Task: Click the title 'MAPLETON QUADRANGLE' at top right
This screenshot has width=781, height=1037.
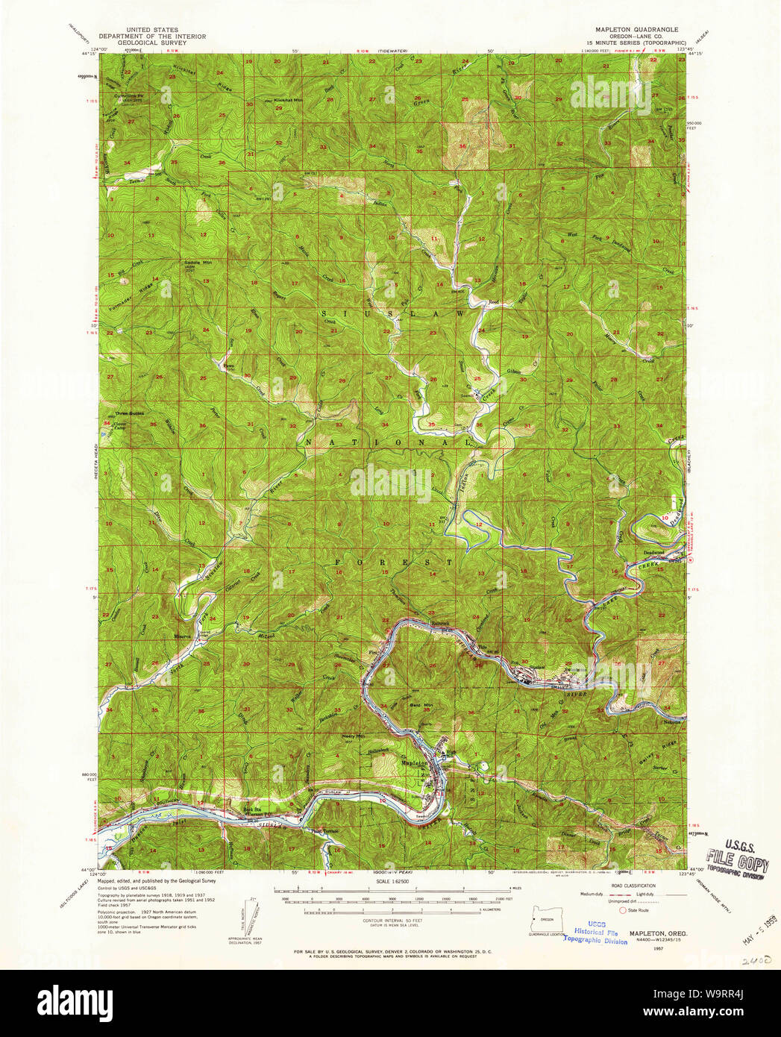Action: point(636,30)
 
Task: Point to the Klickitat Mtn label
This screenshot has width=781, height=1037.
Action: point(268,100)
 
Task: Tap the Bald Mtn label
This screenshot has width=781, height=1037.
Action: point(422,704)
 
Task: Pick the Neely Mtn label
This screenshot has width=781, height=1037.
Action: point(353,736)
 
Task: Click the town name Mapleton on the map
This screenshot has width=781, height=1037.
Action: point(415,763)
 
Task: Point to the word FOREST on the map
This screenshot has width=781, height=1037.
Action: point(393,561)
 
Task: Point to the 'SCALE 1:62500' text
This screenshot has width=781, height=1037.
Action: point(391,881)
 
